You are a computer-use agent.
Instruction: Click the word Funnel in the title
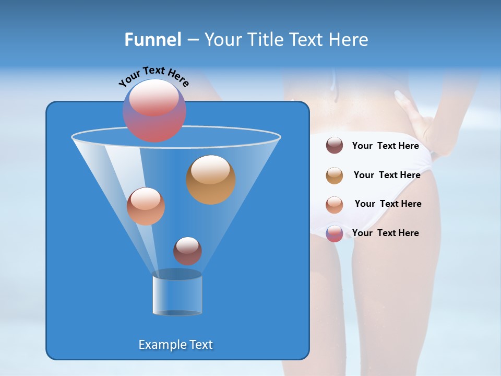152,40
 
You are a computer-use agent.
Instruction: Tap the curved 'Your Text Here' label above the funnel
153,77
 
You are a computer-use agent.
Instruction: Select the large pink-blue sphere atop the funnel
154,110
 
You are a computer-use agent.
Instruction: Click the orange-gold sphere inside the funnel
211,180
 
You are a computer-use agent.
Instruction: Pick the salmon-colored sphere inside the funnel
146,206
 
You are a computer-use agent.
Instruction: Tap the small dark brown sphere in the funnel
187,251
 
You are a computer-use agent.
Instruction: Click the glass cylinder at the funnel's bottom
177,293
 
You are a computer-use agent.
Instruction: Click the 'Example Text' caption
176,345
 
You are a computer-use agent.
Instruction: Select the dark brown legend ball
335,146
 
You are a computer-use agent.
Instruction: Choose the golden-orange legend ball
335,175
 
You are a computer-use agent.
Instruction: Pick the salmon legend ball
335,205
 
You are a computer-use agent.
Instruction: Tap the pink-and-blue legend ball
335,233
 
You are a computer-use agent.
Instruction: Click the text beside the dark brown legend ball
385,146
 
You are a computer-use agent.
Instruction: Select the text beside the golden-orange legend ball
387,175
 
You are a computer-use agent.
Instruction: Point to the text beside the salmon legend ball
388,204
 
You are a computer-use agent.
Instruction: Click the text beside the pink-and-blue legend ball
385,233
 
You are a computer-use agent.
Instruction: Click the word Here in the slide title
349,40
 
